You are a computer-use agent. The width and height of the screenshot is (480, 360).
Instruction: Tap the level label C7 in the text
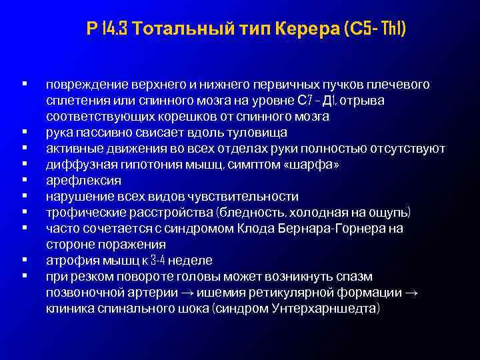coord(304,101)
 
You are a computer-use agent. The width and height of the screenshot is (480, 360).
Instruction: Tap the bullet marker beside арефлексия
coord(24,180)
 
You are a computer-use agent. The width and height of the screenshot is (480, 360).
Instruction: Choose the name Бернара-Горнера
coord(327,228)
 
